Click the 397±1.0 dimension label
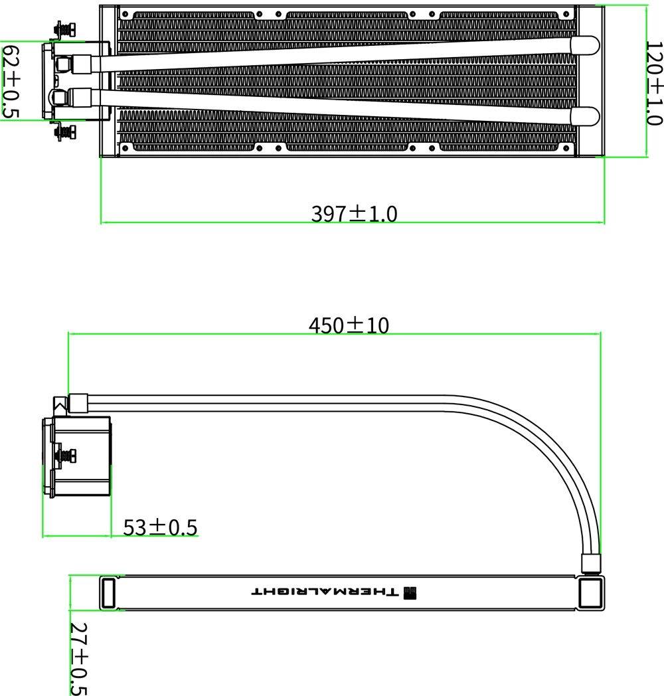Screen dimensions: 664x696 354,213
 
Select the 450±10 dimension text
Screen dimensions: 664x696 349,325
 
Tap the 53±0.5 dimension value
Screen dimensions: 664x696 160,527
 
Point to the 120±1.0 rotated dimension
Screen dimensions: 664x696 654,84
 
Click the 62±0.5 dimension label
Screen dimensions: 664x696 11,81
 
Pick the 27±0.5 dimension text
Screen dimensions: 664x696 79,658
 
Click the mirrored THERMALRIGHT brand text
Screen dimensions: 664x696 325,592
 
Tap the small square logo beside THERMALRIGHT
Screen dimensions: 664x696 410,592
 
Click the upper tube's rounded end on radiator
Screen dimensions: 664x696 584,46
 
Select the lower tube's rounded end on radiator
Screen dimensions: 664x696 584,116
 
